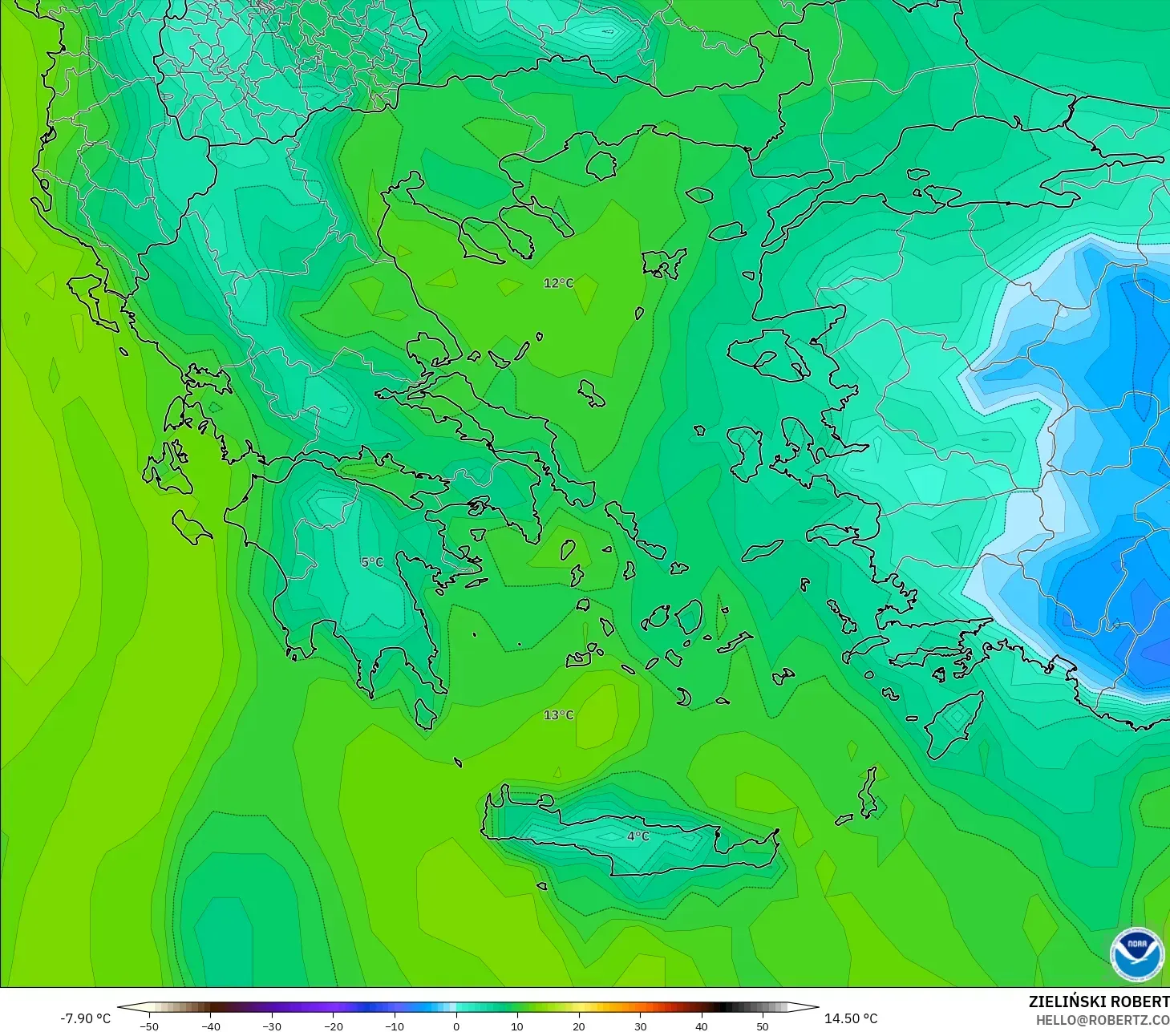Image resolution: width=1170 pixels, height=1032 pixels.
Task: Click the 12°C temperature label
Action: click(558, 283)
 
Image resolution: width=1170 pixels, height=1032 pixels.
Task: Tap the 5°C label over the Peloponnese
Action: click(372, 562)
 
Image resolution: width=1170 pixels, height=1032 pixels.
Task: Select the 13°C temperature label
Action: click(558, 715)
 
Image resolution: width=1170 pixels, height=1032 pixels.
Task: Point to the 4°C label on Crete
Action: click(638, 836)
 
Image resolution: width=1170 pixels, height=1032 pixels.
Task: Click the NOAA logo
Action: click(1136, 953)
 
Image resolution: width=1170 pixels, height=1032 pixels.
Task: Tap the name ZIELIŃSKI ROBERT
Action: click(1099, 1002)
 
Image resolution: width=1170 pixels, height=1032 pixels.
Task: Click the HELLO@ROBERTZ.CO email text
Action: click(1102, 1020)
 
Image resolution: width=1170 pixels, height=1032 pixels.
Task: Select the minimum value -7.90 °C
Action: click(85, 1018)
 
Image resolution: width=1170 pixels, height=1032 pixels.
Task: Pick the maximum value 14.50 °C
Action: click(851, 1018)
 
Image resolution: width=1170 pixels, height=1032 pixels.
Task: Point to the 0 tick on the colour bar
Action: click(455, 1026)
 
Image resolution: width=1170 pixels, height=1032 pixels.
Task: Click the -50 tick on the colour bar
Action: click(149, 1026)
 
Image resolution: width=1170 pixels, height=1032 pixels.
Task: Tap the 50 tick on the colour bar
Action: click(762, 1026)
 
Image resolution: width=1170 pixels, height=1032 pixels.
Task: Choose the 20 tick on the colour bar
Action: click(578, 1026)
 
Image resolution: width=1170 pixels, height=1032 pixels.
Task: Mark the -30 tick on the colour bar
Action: click(272, 1026)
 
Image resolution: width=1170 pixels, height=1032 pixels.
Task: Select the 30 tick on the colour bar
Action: click(640, 1026)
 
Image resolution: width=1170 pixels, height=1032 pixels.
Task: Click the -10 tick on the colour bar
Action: click(395, 1026)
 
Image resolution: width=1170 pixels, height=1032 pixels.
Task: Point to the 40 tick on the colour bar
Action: click(701, 1026)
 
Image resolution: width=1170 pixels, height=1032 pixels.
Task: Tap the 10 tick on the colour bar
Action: click(517, 1026)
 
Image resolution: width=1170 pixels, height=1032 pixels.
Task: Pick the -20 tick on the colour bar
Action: click(333, 1026)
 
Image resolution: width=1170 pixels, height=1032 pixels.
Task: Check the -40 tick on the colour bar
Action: click(210, 1026)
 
